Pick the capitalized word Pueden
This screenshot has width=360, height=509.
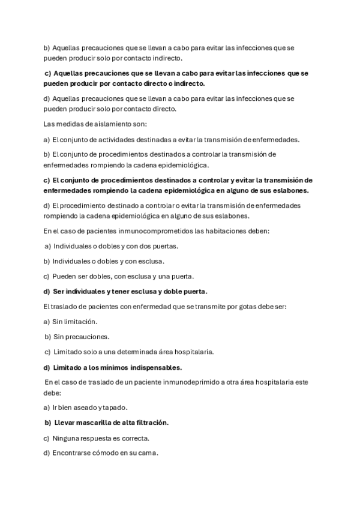click(x=64, y=276)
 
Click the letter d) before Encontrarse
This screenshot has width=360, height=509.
click(x=47, y=453)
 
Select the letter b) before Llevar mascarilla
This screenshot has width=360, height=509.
click(x=48, y=423)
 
